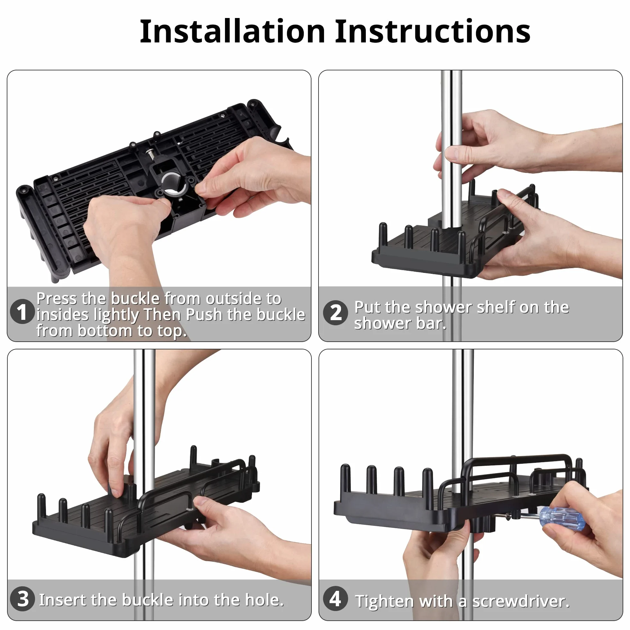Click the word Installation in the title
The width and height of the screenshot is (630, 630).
[232, 31]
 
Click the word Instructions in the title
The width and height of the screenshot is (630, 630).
[432, 31]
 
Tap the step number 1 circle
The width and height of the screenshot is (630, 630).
[22, 312]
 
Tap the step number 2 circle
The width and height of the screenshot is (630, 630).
[336, 312]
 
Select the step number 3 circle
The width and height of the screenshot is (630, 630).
[22, 599]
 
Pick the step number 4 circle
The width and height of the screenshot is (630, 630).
[336, 598]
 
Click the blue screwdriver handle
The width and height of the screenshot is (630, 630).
[561, 518]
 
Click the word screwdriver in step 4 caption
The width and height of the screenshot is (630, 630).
[521, 601]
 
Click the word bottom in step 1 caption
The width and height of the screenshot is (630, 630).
[106, 331]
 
